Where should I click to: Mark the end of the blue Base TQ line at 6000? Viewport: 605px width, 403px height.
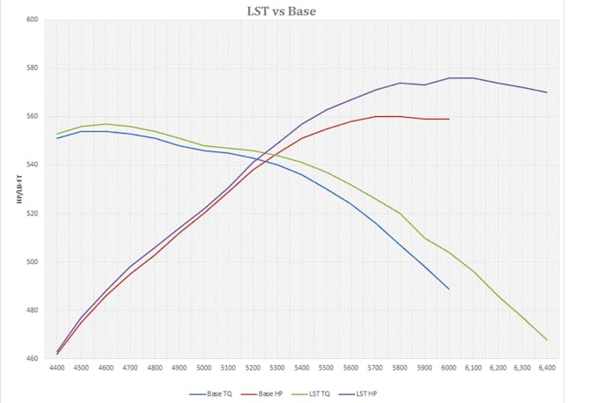(x=448, y=289)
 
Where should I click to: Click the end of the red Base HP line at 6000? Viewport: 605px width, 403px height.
(x=448, y=119)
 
